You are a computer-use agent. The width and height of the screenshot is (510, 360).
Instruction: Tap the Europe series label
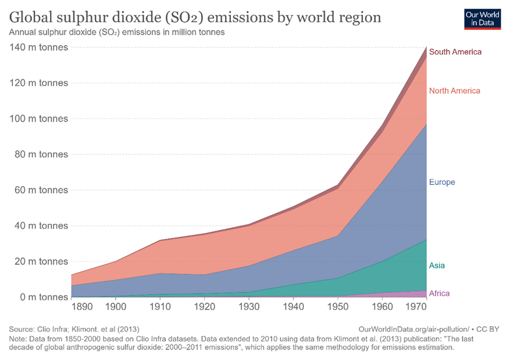point(442,182)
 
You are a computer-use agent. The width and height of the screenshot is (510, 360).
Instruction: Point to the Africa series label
point(440,294)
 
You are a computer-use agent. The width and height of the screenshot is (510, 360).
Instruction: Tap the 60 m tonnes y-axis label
point(40,191)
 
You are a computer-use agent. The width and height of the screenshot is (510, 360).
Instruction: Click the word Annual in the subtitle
point(24,33)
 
